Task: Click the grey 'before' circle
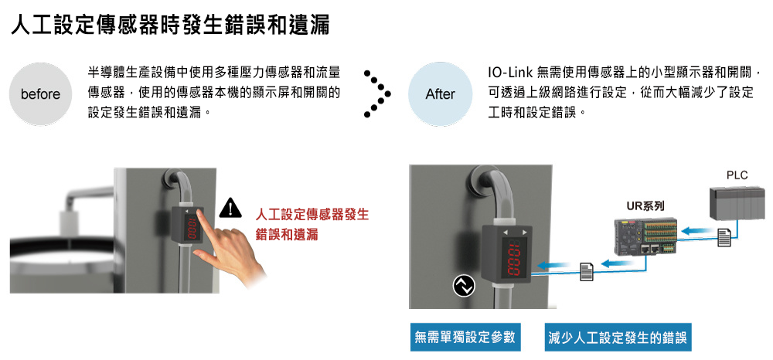(40, 94)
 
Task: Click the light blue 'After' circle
(440, 94)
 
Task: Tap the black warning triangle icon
(230, 207)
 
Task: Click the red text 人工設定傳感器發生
(312, 213)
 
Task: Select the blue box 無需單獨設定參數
(464, 337)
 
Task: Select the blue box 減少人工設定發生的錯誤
(617, 337)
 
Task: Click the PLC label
(737, 175)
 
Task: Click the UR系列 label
(645, 205)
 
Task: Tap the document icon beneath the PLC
(724, 238)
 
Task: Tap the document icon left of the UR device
(587, 270)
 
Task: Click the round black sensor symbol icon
(463, 287)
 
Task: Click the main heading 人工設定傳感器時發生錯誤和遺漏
(169, 25)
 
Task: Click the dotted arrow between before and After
(376, 94)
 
